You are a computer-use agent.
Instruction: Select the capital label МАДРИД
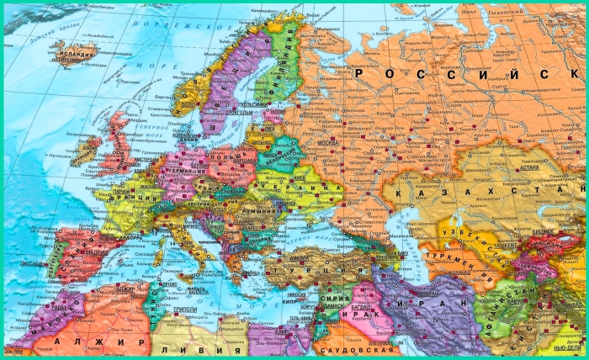(x=97, y=251)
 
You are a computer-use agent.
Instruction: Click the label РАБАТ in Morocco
(x=56, y=307)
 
